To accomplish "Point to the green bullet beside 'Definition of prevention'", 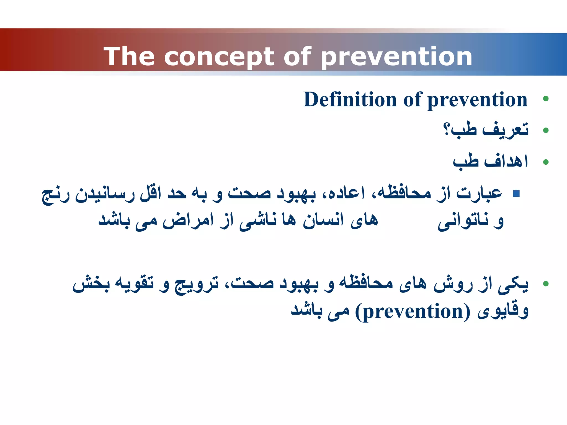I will click(x=546, y=99).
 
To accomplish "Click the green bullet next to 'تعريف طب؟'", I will click(x=546, y=130).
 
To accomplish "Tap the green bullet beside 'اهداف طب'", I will click(x=546, y=162).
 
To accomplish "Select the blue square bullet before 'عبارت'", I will click(x=516, y=193).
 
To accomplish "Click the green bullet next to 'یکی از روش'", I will click(x=546, y=284).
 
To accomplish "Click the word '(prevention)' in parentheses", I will click(x=413, y=312).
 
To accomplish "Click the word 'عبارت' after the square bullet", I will click(x=479, y=193).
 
